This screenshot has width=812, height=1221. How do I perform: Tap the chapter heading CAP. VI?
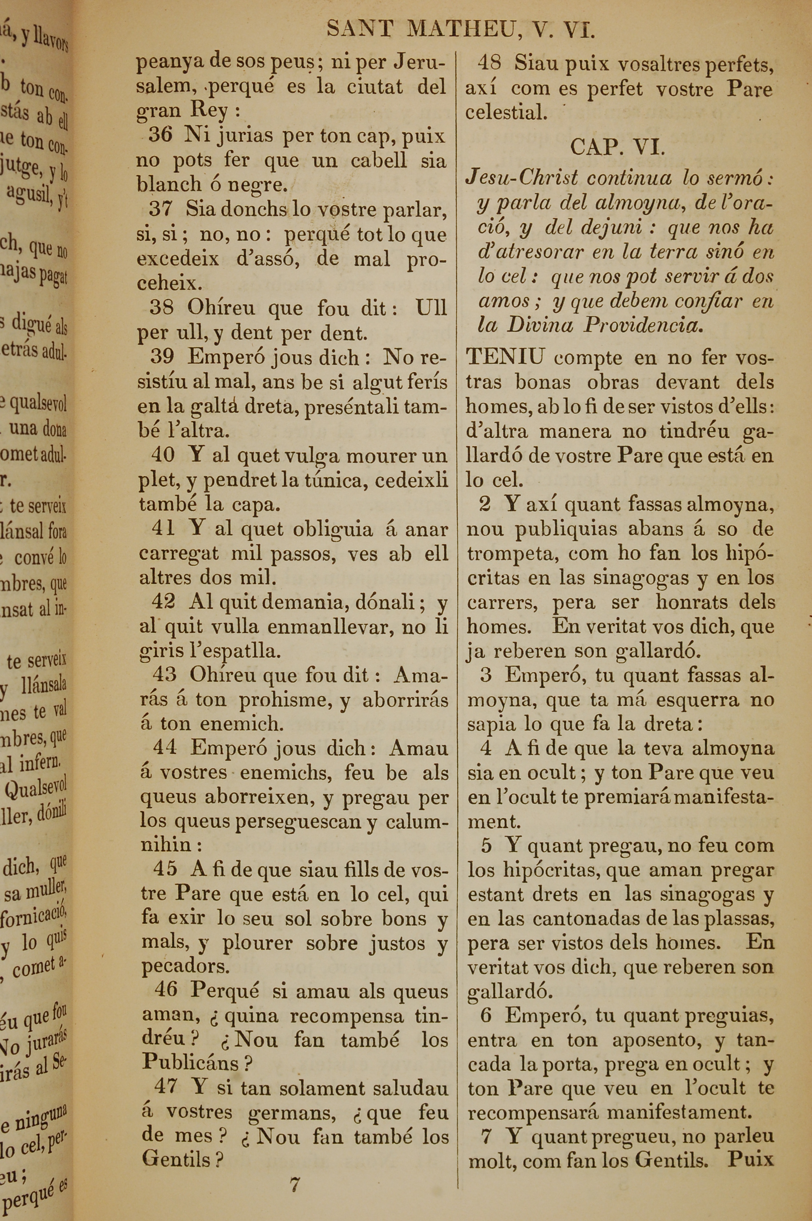[x=617, y=148]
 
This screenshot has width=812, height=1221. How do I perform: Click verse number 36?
[x=160, y=135]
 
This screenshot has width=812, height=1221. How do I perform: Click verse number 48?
[x=489, y=63]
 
